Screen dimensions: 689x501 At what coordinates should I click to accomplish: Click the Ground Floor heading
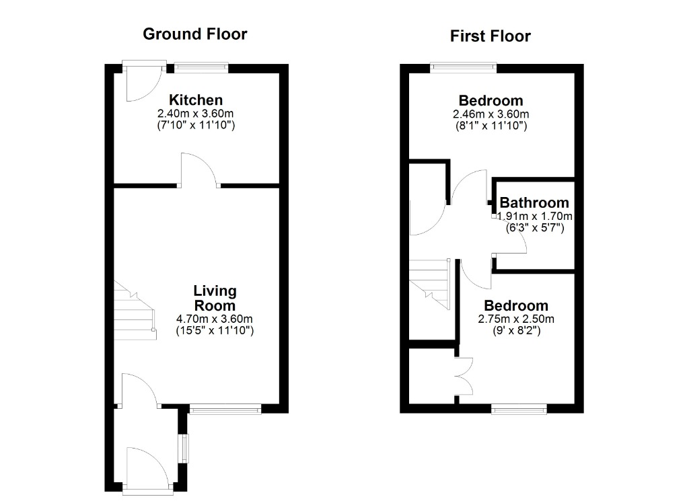[195, 34]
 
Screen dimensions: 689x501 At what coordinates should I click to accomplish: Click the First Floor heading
[491, 36]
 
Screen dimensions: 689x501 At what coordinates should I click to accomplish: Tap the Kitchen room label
[196, 100]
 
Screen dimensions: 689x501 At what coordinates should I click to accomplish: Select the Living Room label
[215, 298]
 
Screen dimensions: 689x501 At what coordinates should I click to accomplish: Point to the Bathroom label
[534, 203]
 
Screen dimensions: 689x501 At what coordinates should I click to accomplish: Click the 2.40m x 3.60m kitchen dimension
[196, 114]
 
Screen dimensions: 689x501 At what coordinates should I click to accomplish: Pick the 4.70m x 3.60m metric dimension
[215, 319]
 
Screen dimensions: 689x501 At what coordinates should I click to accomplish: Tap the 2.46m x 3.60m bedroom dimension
[491, 114]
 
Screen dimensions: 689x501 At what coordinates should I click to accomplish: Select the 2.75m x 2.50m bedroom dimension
[516, 319]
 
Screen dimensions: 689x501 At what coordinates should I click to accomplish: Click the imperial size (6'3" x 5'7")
[535, 228]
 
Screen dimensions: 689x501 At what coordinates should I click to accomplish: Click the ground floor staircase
[135, 311]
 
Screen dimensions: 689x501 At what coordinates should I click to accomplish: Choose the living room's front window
[225, 410]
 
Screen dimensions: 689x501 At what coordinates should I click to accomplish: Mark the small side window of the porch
[184, 449]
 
